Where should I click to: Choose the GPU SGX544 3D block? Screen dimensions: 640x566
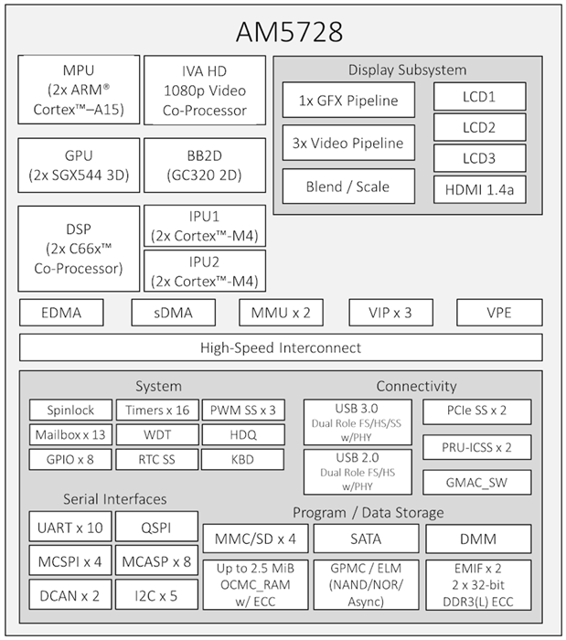pyautogui.click(x=80, y=165)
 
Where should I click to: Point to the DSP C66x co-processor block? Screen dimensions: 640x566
pyautogui.click(x=80, y=248)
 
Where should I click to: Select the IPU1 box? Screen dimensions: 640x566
pyautogui.click(x=205, y=226)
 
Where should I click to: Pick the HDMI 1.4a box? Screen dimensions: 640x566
pyautogui.click(x=479, y=189)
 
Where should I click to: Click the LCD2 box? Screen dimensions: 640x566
pyautogui.click(x=479, y=127)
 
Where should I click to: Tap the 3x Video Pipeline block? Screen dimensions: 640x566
pyautogui.click(x=343, y=144)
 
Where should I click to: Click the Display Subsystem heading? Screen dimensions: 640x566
pyautogui.click(x=407, y=69)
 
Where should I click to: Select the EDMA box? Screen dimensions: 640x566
pyautogui.click(x=61, y=313)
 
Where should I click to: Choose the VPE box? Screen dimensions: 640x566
pyautogui.click(x=499, y=313)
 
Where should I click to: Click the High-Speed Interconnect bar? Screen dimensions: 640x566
pyautogui.click(x=281, y=347)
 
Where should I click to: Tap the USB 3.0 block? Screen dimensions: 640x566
pyautogui.click(x=358, y=421)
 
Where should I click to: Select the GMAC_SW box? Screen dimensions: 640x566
pyautogui.click(x=476, y=482)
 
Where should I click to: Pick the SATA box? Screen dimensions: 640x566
pyautogui.click(x=366, y=539)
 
